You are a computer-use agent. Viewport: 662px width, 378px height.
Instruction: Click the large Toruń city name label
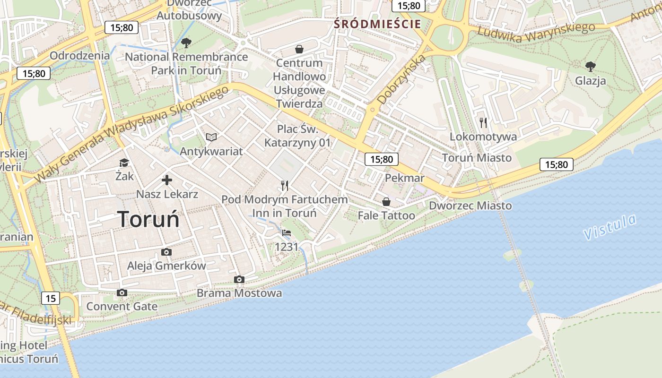click(x=148, y=219)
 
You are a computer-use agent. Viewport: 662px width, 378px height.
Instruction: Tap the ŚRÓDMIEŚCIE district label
click(x=377, y=24)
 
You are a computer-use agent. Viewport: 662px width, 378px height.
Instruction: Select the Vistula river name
click(x=610, y=226)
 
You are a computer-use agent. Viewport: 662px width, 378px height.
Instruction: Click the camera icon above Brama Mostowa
click(x=239, y=279)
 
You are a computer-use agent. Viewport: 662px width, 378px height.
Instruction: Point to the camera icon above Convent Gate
click(x=122, y=292)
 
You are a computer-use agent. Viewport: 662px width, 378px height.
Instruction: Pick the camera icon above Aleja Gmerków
click(x=166, y=252)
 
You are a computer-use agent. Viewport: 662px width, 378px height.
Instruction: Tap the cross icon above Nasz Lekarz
click(x=167, y=180)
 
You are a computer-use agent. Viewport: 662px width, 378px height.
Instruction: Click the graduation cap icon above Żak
click(x=124, y=163)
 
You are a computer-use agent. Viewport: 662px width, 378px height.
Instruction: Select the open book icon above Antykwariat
click(x=211, y=137)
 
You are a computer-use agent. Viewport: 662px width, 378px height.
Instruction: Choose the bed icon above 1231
click(x=287, y=232)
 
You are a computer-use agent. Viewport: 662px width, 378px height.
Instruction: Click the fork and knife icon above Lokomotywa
click(x=483, y=123)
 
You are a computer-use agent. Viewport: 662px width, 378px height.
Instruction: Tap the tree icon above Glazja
click(x=590, y=66)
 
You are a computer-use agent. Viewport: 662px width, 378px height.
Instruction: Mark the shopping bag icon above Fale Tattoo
click(x=386, y=202)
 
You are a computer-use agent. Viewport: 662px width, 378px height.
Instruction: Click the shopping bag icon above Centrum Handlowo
click(x=299, y=49)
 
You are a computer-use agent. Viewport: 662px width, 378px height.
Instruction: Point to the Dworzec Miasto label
click(x=470, y=206)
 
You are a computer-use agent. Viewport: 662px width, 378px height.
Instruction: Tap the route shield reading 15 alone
click(x=51, y=298)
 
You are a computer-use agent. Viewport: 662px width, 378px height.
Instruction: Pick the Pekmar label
click(x=405, y=178)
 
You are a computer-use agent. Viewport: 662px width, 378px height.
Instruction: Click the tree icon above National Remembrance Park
click(x=186, y=43)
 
